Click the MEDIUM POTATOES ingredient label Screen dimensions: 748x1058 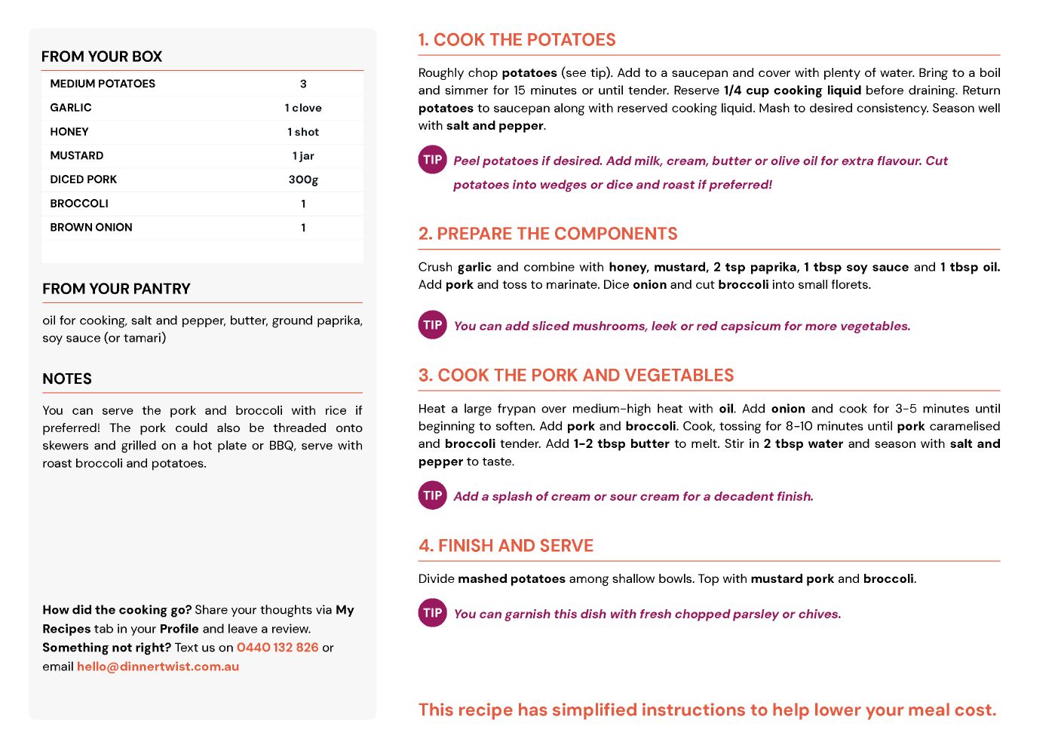103,84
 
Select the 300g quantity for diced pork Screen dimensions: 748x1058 303,179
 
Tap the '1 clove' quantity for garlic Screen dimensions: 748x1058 303,108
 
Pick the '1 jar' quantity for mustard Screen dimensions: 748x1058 303,155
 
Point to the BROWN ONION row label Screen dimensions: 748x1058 91,227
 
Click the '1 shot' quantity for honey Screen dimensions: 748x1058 303,132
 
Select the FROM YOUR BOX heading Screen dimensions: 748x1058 102,57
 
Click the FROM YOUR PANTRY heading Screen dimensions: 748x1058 116,289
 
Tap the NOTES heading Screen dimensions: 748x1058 67,379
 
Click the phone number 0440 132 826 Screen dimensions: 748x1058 278,648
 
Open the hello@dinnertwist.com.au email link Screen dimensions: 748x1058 158,667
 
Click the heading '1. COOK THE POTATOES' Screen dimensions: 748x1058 517,40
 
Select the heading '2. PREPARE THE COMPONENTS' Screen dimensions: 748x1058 548,234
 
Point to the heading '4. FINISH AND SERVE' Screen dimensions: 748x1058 506,546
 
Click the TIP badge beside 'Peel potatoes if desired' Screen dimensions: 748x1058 433,160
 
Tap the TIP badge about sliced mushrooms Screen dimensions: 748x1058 433,325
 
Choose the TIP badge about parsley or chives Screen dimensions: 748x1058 433,613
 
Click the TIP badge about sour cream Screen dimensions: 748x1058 433,495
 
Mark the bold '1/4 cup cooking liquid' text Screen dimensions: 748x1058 792,90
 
